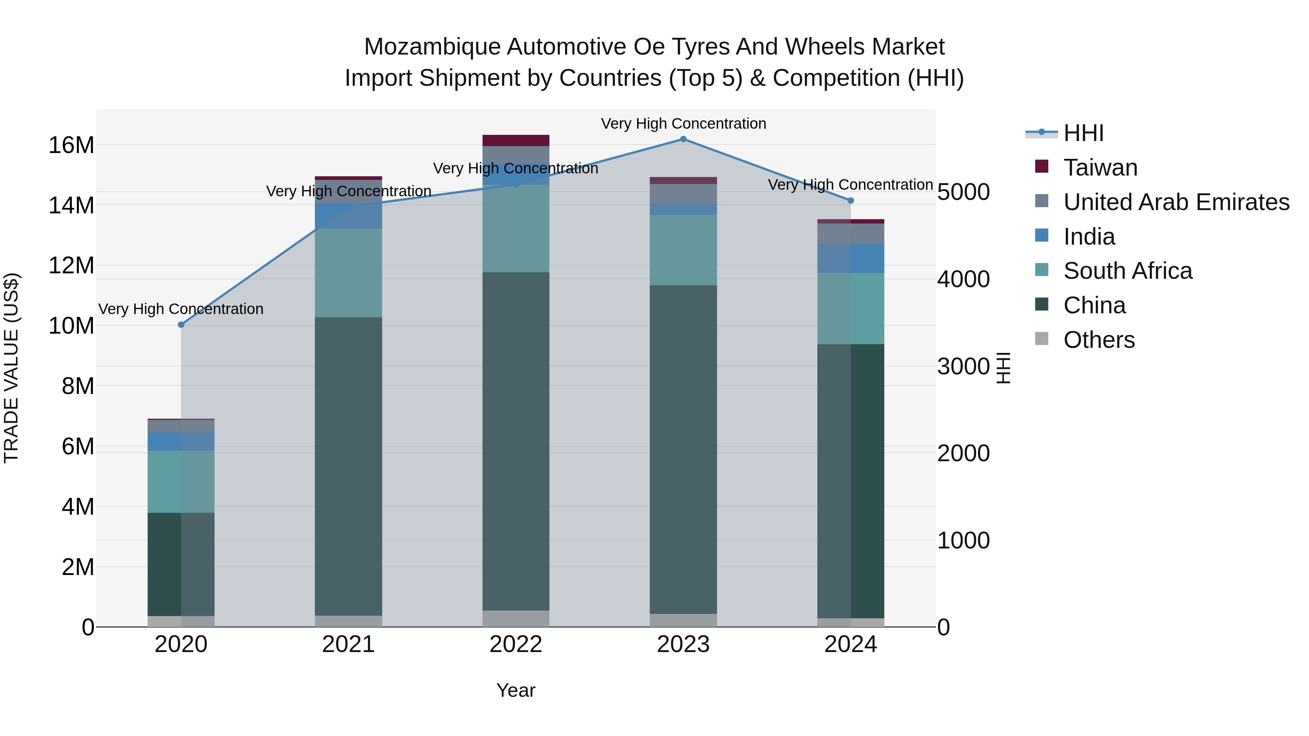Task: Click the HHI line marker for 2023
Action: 683,139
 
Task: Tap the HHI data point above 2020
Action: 181,325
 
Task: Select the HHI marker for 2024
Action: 850,201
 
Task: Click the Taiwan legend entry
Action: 1100,168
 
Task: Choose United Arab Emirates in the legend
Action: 1176,202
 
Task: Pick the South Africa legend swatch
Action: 1041,271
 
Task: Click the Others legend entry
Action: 1098,340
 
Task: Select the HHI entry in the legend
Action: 1083,133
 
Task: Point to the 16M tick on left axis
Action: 71,145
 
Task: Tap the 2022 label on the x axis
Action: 516,644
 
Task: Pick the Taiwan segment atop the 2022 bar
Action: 516,141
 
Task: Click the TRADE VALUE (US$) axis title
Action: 11,368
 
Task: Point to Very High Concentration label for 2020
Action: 181,309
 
